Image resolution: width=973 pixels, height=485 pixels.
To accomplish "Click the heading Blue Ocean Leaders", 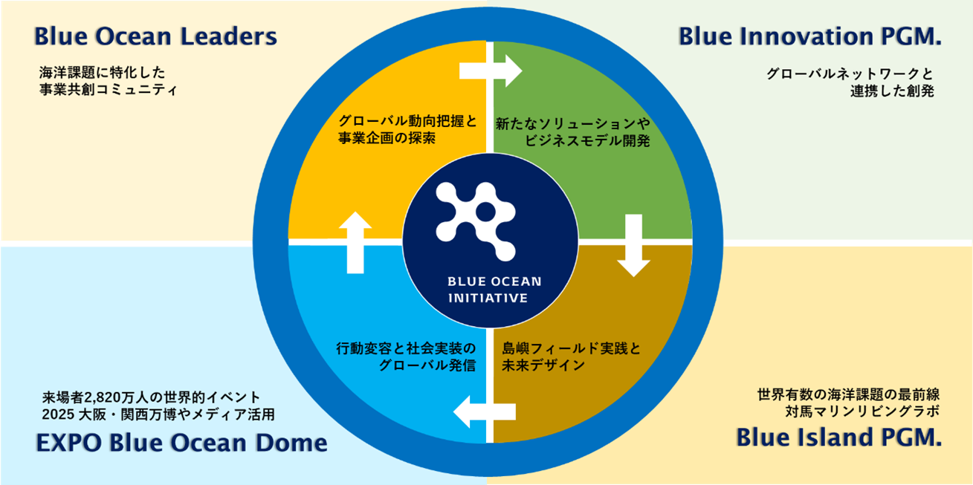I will [x=155, y=36].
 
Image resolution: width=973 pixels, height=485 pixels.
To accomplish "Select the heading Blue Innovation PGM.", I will [x=810, y=36].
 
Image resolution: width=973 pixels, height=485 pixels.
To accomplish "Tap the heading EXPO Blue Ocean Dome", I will [x=181, y=443].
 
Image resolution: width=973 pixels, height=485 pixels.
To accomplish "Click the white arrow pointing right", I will [x=491, y=71].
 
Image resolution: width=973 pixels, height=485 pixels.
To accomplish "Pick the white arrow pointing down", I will [x=633, y=245].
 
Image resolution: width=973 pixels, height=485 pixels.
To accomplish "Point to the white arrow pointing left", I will [x=485, y=411].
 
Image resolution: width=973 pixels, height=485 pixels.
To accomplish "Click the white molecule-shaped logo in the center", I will [x=476, y=214].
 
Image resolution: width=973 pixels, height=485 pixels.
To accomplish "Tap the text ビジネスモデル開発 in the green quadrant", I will [x=587, y=141].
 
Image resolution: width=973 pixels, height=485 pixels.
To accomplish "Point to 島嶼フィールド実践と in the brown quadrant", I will [x=571, y=348].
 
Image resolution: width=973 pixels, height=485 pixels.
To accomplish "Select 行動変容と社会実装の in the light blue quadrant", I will [x=405, y=348].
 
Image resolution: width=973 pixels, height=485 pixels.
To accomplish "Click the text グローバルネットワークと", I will [x=850, y=74].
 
